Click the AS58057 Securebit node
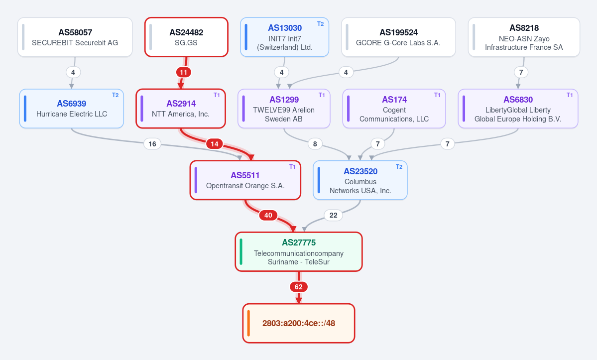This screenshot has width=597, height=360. click(x=75, y=37)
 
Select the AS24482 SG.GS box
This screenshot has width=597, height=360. click(x=186, y=37)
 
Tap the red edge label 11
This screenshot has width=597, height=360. click(x=184, y=72)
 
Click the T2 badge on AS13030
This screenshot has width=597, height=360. click(x=321, y=24)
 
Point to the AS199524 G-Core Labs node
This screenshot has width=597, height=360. click(x=398, y=37)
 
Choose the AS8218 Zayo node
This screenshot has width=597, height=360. click(x=524, y=37)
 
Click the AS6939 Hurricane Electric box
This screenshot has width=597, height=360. click(x=72, y=109)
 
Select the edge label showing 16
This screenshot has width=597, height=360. click(x=152, y=144)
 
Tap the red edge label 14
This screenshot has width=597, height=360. click(x=215, y=144)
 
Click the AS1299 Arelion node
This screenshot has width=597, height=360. click(x=284, y=109)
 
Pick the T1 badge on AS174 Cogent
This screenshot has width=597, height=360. click(x=437, y=95)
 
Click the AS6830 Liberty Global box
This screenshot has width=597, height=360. click(x=518, y=109)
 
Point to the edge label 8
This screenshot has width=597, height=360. click(x=315, y=144)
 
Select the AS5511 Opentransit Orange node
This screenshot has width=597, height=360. click(x=245, y=180)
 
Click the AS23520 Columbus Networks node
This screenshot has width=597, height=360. click(x=360, y=180)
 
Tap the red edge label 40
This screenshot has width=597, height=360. click(x=268, y=215)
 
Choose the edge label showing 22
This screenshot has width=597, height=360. click(x=333, y=215)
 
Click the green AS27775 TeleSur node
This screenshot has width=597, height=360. click(x=299, y=251)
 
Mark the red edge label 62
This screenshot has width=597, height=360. click(x=299, y=286)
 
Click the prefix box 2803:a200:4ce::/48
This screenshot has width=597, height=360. click(x=299, y=323)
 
